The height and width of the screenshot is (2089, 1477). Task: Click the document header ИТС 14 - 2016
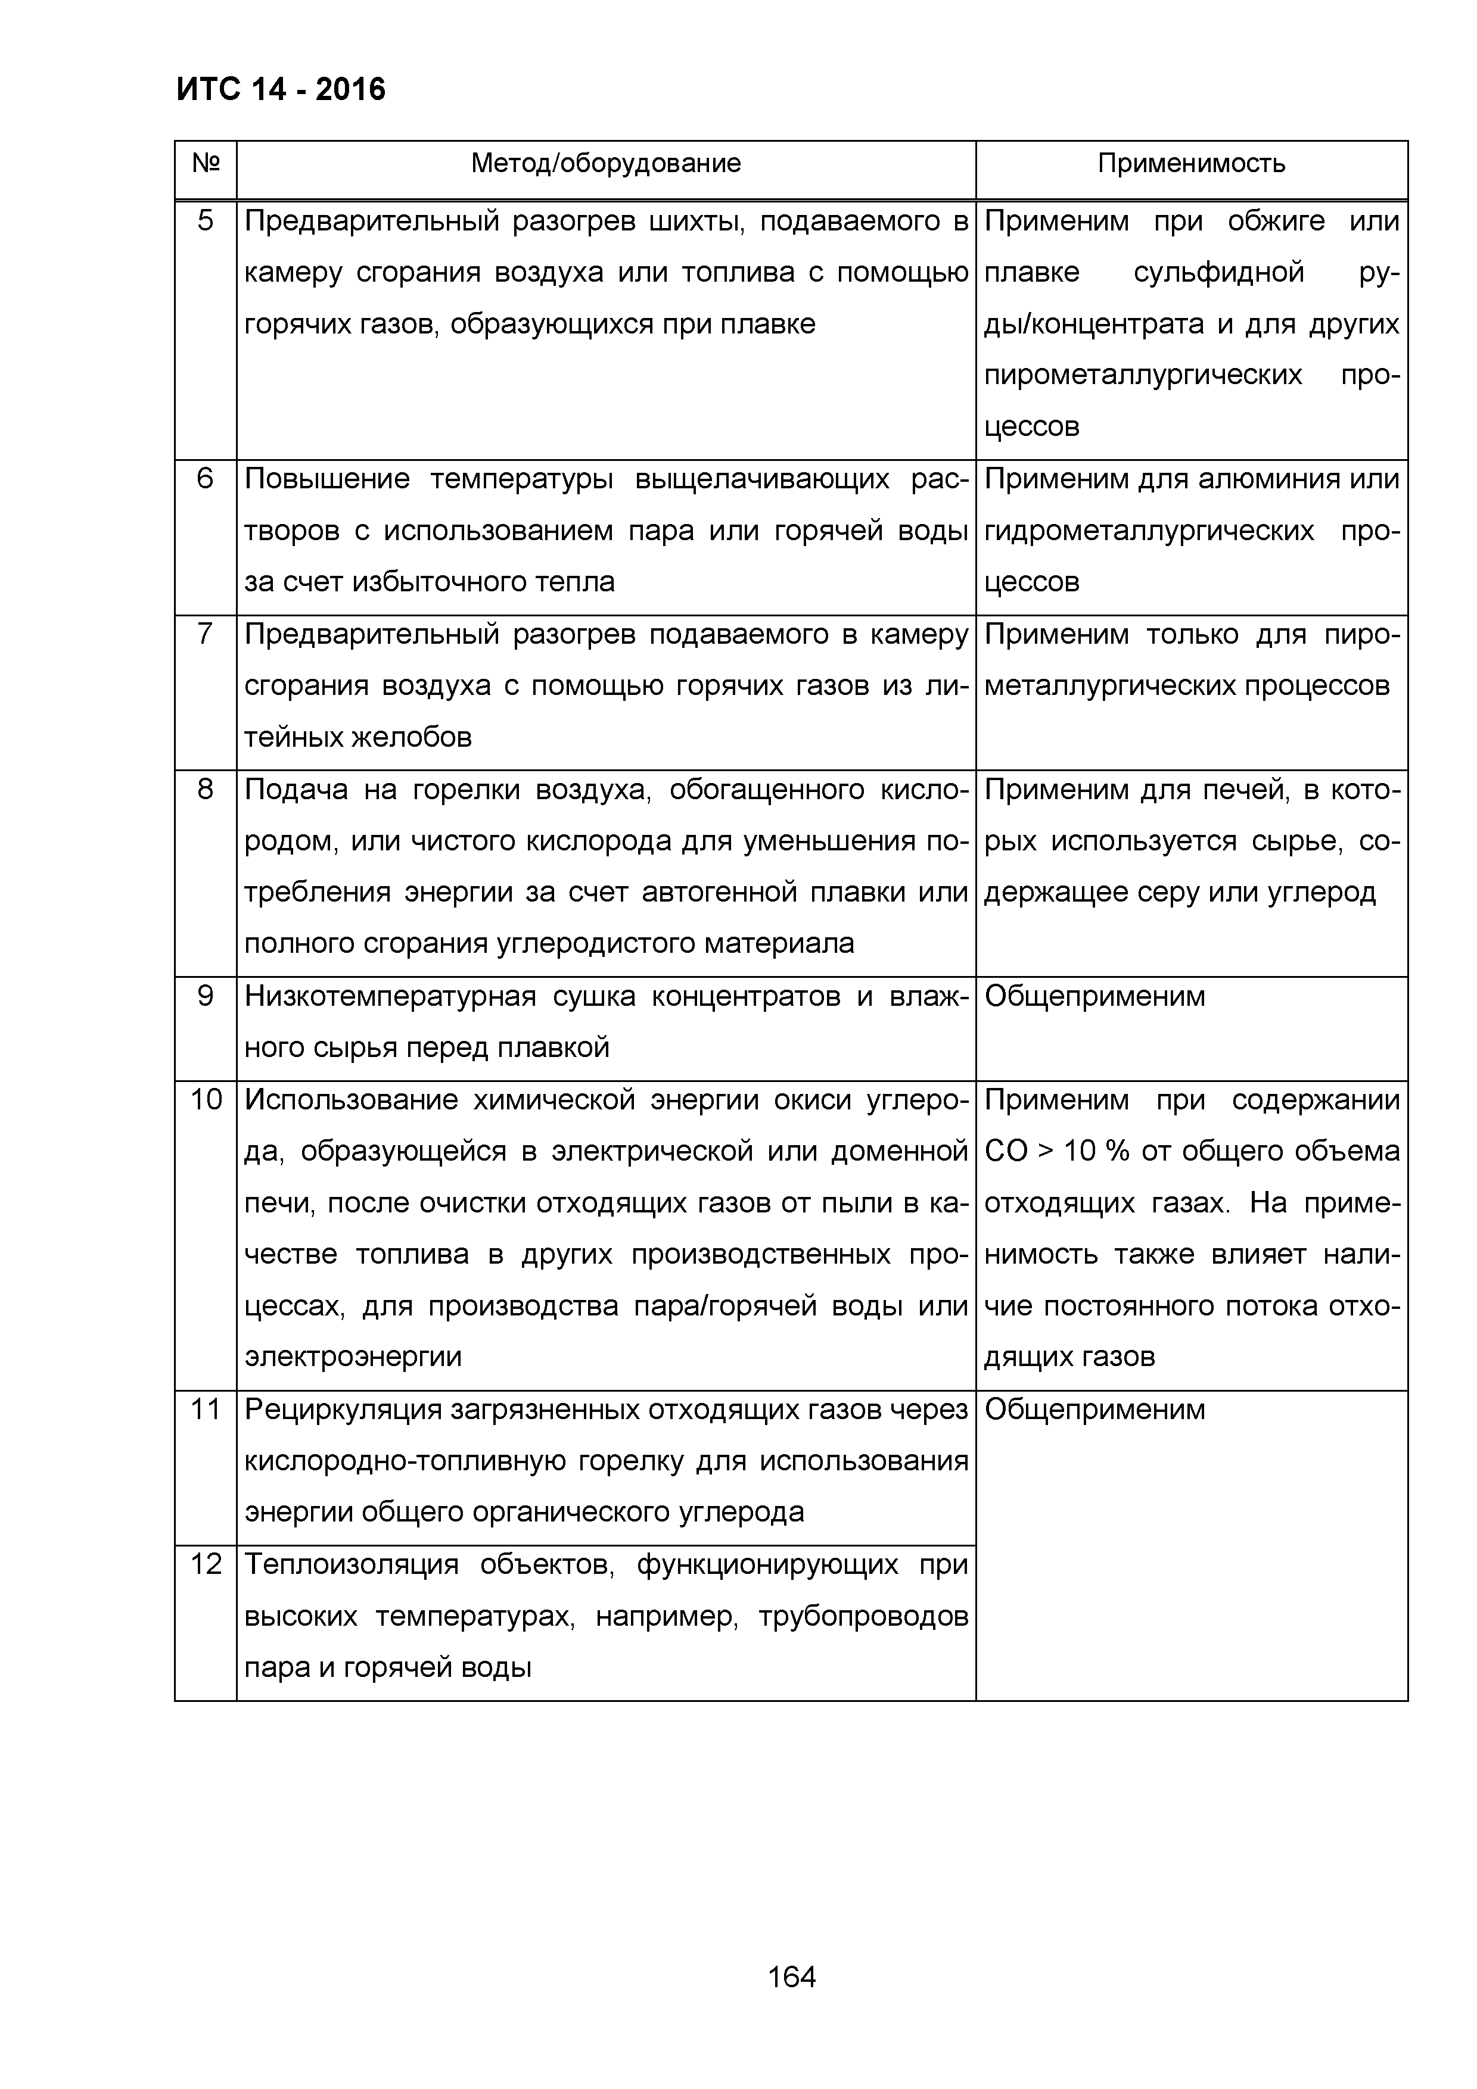[280, 89]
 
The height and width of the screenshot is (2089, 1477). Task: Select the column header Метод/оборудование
[605, 164]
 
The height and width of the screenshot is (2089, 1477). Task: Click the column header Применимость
[1190, 164]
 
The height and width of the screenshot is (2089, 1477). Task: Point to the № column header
[206, 164]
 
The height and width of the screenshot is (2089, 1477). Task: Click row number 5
[206, 221]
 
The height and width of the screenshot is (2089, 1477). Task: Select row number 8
[206, 790]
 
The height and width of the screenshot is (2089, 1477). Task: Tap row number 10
[206, 1100]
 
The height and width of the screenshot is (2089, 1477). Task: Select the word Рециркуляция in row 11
[340, 1410]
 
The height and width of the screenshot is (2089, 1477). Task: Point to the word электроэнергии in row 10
[353, 1358]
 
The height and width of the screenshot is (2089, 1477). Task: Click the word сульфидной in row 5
[1218, 273]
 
